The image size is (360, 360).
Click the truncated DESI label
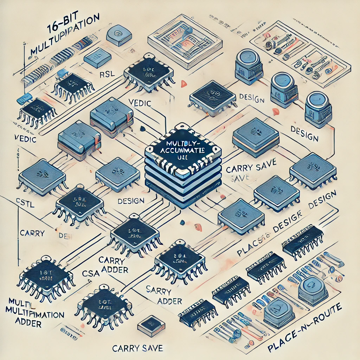click(65, 236)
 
